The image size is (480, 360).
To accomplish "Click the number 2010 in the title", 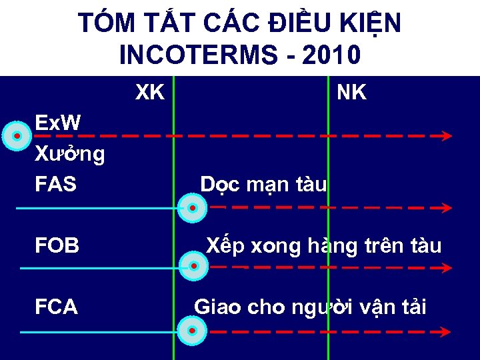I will click(x=331, y=54).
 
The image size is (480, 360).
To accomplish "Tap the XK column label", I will click(x=150, y=93).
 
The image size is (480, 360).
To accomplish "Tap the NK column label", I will click(x=351, y=93).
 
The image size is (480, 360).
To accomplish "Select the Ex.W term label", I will click(x=58, y=123).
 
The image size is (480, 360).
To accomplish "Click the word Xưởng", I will click(x=70, y=155).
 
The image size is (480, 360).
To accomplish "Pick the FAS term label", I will click(x=56, y=185).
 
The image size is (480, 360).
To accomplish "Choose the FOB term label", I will click(x=57, y=246).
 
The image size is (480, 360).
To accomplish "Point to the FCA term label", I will click(x=57, y=307).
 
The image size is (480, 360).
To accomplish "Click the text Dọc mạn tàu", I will click(x=264, y=185).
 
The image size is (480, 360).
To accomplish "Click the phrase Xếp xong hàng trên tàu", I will click(x=323, y=246).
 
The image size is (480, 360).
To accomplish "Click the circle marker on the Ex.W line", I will click(x=18, y=135).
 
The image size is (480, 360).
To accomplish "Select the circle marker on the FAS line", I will click(x=192, y=208).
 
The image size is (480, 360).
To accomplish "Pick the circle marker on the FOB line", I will click(x=193, y=267).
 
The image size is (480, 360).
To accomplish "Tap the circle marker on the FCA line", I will click(x=192, y=331).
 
